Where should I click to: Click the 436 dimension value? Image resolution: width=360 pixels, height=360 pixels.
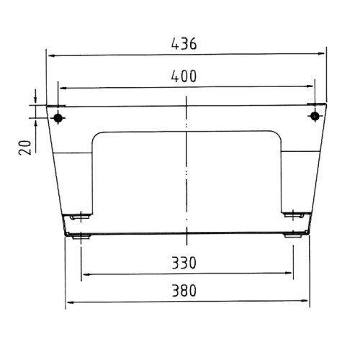tap(184, 43)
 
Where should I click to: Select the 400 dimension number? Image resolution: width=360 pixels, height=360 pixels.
tap(184, 76)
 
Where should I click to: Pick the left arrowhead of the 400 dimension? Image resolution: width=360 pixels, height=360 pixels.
tap(63, 87)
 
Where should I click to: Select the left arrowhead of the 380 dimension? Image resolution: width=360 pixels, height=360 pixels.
tap(70, 302)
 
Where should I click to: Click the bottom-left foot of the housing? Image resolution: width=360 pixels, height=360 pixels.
tap(79, 235)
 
